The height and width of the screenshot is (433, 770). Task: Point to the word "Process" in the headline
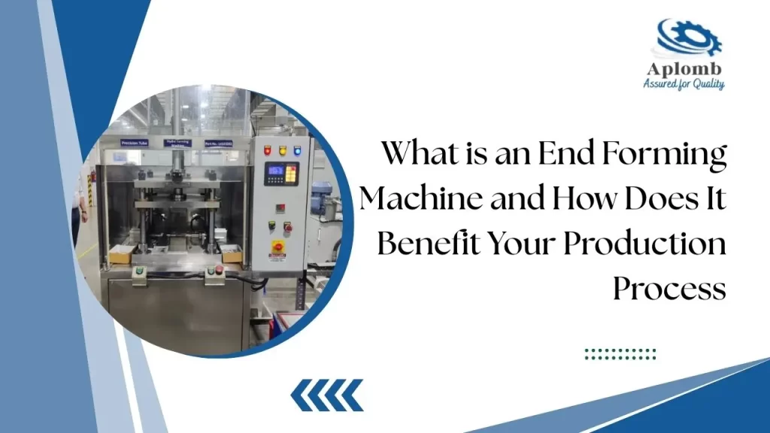coord(669,288)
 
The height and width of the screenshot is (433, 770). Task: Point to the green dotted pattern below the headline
coord(620,353)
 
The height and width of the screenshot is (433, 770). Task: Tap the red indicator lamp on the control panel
coord(268,150)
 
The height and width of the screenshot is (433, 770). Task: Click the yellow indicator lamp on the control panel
coord(283,150)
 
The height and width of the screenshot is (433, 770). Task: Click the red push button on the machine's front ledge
coord(218,268)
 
